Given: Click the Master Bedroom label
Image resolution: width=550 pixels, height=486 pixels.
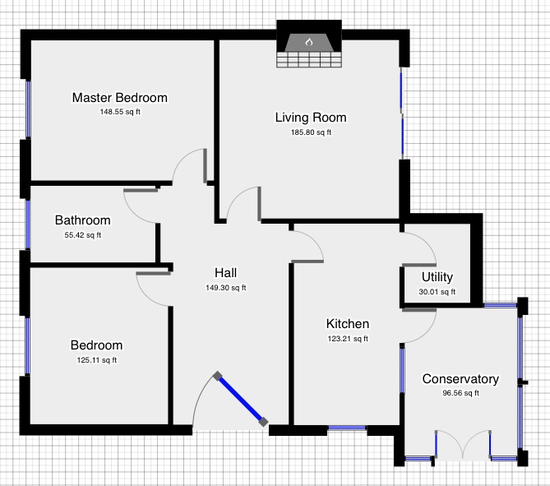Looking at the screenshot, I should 119,98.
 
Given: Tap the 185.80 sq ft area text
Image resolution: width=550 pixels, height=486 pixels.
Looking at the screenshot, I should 311,132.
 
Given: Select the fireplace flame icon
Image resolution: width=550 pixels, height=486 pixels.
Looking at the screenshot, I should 309,41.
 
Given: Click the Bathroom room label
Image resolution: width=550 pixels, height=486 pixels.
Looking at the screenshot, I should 82,220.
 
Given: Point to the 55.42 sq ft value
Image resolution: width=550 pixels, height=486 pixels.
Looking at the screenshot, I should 82,235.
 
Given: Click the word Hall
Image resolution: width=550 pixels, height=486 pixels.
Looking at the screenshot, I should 226,273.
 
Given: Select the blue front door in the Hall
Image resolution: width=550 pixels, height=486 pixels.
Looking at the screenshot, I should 241,400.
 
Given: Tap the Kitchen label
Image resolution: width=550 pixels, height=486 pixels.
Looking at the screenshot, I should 347,324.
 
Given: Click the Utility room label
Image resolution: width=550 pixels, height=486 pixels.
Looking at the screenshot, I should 437,277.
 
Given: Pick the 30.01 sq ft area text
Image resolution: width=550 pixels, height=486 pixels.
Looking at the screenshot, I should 437,291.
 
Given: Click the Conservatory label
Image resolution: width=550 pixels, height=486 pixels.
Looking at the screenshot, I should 460,379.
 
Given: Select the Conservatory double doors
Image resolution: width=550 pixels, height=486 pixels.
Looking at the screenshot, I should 464,445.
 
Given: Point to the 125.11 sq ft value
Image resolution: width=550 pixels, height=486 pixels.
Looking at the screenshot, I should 96,359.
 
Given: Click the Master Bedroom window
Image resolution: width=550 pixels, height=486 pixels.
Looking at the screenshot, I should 27,109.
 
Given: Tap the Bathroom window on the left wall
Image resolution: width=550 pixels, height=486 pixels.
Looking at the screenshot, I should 27,224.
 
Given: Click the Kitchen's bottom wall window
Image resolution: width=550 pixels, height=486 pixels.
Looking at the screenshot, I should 347,428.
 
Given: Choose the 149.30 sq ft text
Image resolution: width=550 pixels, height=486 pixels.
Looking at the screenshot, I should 226,288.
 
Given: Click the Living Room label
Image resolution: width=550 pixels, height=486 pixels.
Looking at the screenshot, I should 311,118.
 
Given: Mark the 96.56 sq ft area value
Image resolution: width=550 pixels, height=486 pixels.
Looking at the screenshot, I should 460,393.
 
